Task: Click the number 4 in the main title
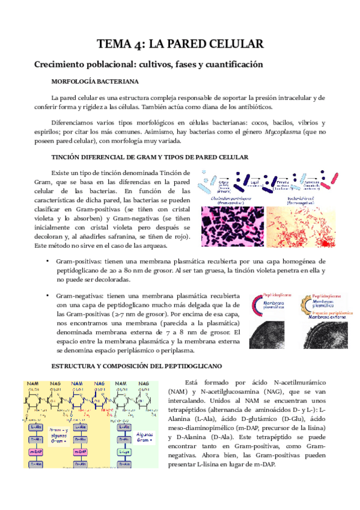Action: (141, 44)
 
